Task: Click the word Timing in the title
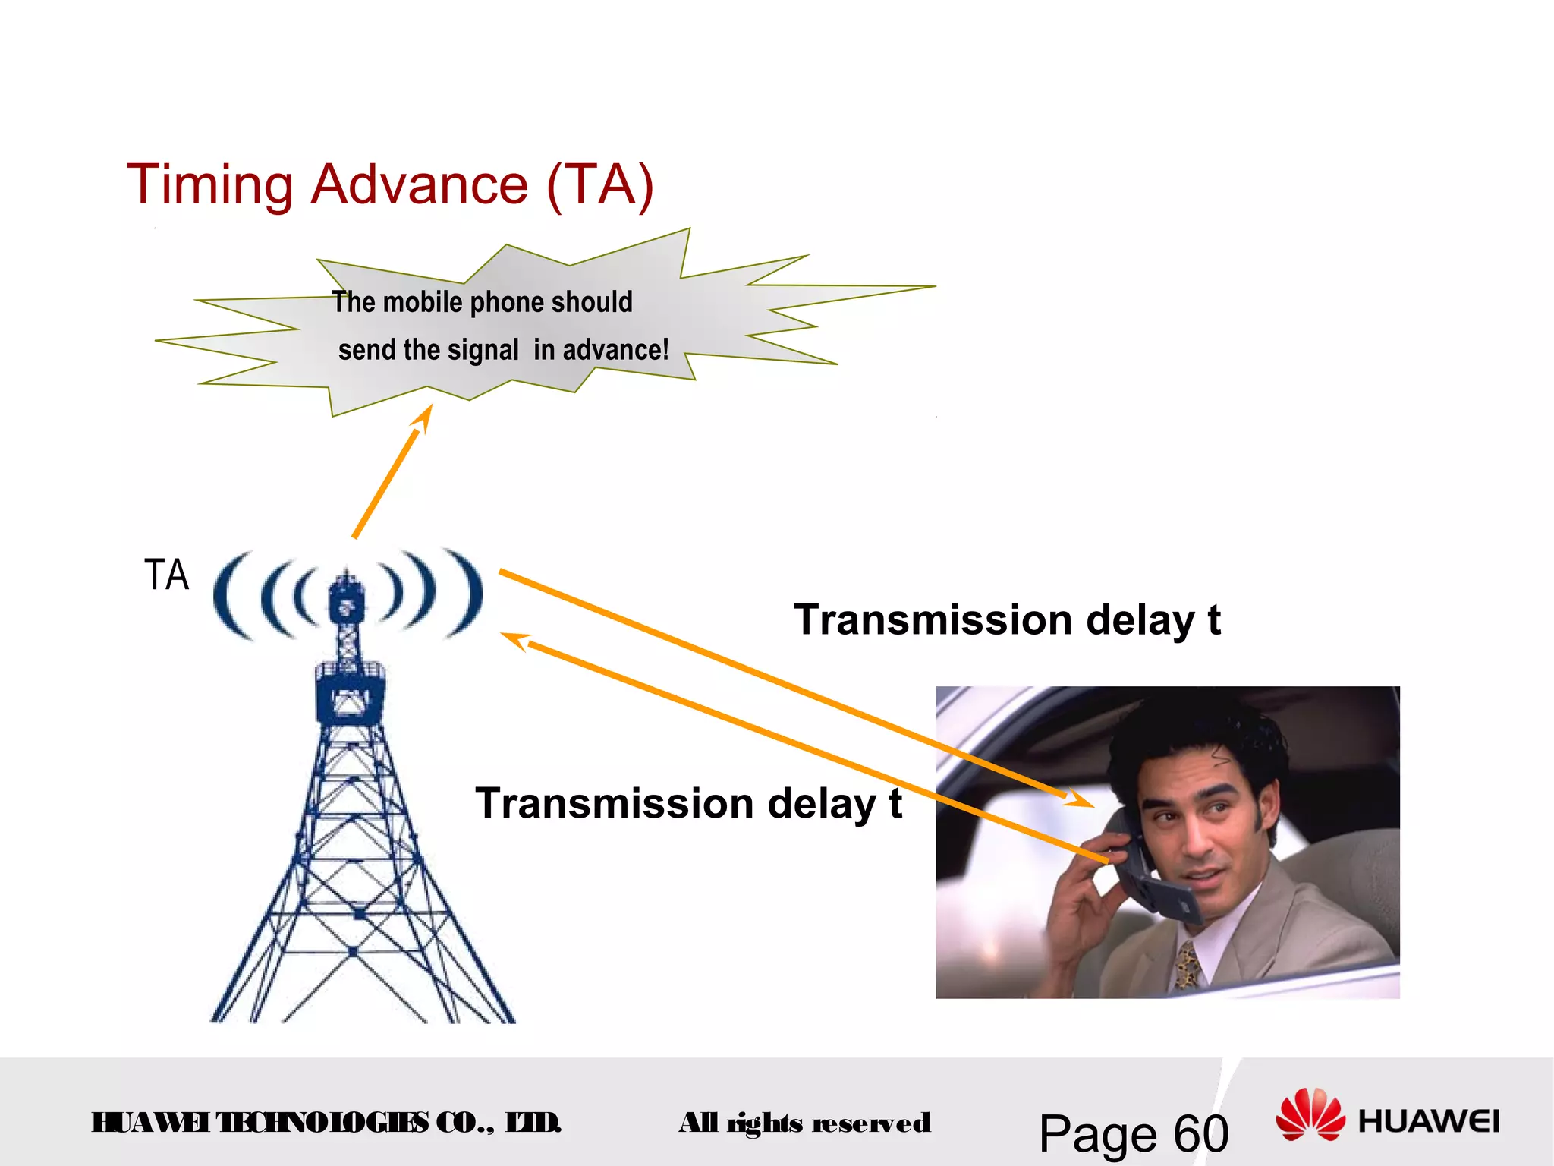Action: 209,185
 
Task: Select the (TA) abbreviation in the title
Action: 599,185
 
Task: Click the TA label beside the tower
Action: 166,575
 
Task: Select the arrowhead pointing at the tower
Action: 514,639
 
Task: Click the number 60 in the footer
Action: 1200,1134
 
